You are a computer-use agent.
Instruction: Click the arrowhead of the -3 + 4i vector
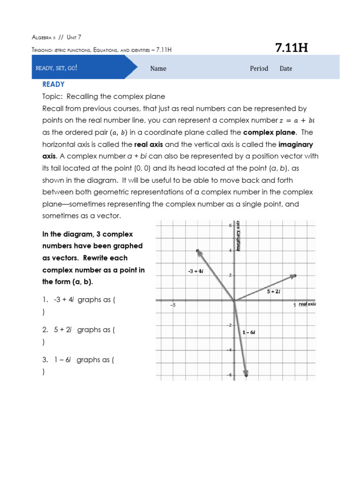[199, 252]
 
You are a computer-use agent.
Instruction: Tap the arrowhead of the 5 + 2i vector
[294, 276]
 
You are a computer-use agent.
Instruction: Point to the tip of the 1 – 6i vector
[246, 374]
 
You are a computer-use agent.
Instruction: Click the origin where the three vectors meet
[234, 300]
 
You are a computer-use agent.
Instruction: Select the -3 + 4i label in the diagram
[195, 271]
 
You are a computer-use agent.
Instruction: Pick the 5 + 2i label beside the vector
[274, 292]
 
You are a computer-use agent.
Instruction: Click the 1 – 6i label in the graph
[248, 332]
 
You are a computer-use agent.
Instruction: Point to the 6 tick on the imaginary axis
[230, 226]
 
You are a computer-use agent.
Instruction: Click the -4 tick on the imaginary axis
[230, 350]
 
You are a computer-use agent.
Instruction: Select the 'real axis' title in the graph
[307, 304]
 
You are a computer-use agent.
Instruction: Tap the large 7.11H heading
[291, 48]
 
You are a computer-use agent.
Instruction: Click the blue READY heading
[53, 84]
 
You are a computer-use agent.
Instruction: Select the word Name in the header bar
[158, 68]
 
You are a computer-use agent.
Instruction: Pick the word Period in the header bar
[259, 68]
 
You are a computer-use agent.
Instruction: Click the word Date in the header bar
[285, 68]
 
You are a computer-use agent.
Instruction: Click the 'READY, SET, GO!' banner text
[56, 68]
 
